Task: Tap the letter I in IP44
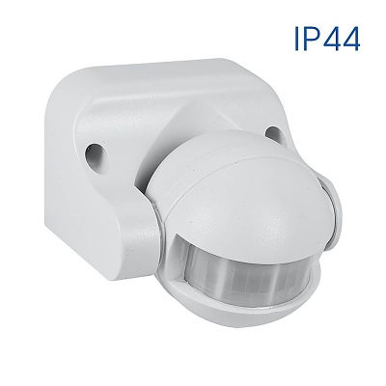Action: tap(293, 39)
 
